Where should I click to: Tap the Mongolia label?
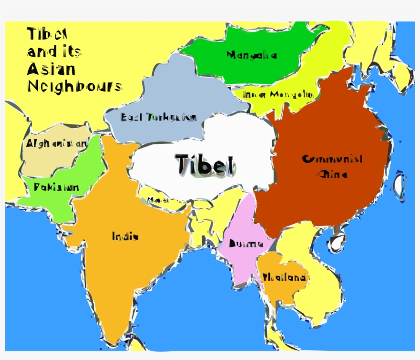click(x=251, y=55)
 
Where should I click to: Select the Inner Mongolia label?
click(x=277, y=95)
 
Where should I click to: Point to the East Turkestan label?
click(x=159, y=117)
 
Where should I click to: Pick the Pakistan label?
click(x=56, y=187)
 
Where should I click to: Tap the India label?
click(x=125, y=236)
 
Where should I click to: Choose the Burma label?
click(x=246, y=244)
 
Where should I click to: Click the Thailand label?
click(x=284, y=278)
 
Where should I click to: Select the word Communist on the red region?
click(x=332, y=159)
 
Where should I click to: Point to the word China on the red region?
click(x=332, y=174)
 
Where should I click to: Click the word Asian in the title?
click(x=51, y=69)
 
